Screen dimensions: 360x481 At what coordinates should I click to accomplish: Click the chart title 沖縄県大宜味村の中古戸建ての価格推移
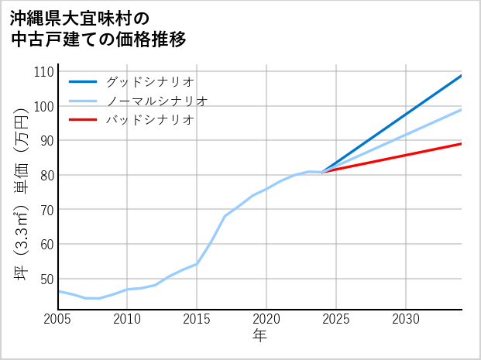coord(98,28)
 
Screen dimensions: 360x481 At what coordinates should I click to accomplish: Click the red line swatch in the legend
coord(83,120)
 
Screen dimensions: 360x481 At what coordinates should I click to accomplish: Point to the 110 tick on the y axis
coord(44,71)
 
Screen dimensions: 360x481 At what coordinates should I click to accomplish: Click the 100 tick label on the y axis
coord(44,106)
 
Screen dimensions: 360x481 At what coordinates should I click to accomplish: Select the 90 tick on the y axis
coord(46,140)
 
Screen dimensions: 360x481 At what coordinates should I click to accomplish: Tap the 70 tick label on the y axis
coord(46,209)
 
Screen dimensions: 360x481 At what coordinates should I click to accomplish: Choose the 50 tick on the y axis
coord(46,279)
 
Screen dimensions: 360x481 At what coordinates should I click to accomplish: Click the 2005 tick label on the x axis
coord(58,319)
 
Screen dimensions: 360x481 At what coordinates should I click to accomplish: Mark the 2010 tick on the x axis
coord(127,319)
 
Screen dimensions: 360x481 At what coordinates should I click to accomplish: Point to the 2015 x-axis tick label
coord(197,319)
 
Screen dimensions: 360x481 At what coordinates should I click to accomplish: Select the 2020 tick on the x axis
coord(266,319)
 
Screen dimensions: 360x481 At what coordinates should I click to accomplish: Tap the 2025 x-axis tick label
coord(336,319)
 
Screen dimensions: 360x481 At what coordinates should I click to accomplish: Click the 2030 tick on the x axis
coord(406,319)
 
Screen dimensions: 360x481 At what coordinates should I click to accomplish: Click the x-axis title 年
coord(259,337)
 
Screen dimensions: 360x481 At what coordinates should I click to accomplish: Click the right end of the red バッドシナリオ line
coord(461,143)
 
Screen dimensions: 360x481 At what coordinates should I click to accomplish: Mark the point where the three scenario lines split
coord(322,172)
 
